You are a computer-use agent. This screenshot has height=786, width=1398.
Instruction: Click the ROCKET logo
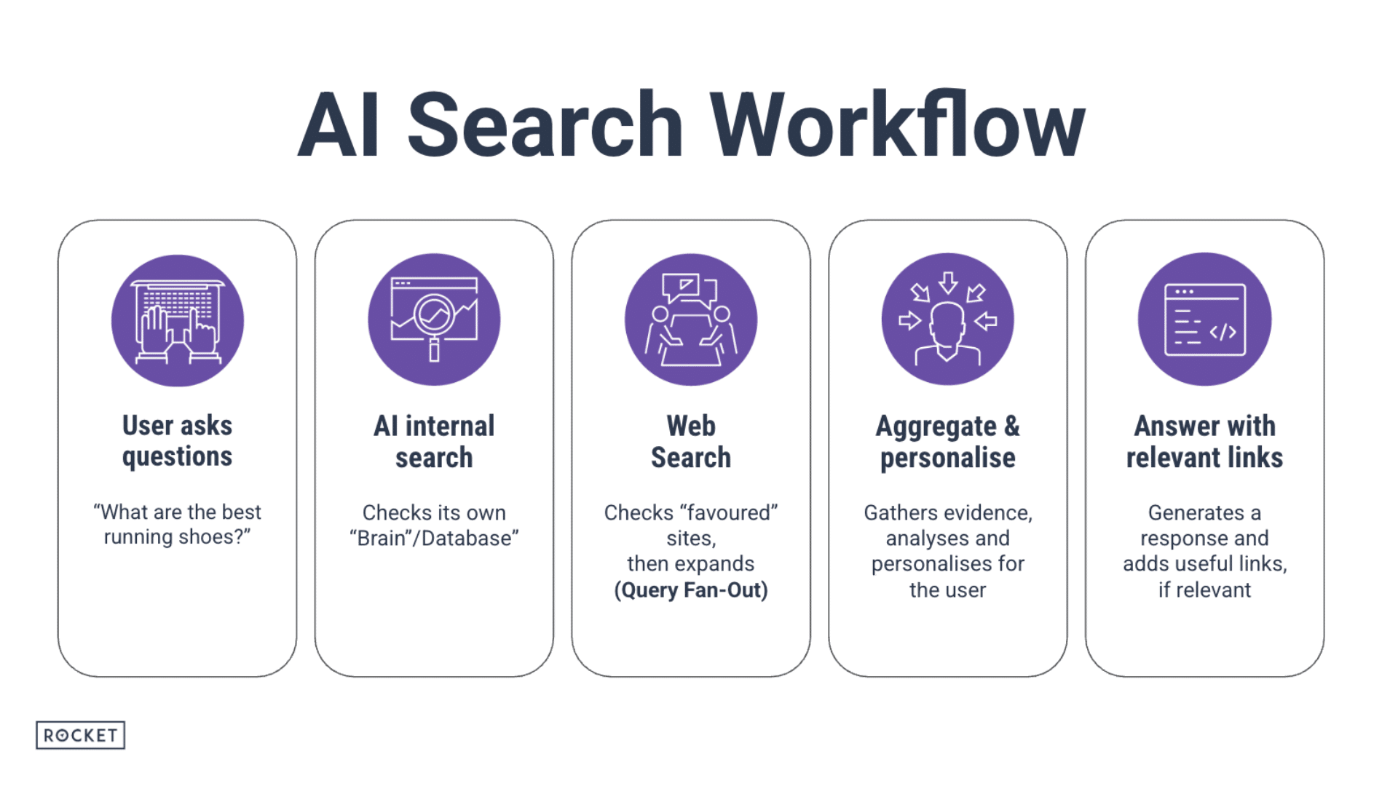click(80, 735)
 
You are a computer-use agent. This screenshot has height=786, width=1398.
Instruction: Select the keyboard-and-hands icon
click(178, 320)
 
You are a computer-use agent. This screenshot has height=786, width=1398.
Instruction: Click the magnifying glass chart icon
click(434, 319)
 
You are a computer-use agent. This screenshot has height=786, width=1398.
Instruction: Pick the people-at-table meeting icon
click(691, 319)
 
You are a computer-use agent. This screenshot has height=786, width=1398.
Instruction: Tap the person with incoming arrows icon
click(947, 319)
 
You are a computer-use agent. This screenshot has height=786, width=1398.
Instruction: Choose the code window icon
click(1204, 319)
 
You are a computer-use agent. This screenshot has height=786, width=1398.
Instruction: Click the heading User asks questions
click(177, 441)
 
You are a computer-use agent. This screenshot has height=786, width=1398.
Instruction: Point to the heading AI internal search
click(434, 442)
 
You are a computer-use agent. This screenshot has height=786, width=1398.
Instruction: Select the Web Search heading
click(691, 442)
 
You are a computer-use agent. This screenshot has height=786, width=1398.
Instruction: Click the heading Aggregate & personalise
click(947, 442)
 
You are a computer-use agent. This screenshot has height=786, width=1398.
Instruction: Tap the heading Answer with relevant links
click(1204, 442)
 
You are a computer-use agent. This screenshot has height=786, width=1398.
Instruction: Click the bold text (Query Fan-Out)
click(691, 589)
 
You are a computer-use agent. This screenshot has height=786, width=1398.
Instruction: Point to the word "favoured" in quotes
click(729, 512)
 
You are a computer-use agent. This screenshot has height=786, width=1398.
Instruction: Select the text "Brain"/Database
click(434, 538)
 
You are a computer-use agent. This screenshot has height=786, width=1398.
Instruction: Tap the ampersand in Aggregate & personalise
click(1012, 426)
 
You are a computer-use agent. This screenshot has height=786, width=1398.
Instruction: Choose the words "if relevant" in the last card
click(1204, 589)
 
